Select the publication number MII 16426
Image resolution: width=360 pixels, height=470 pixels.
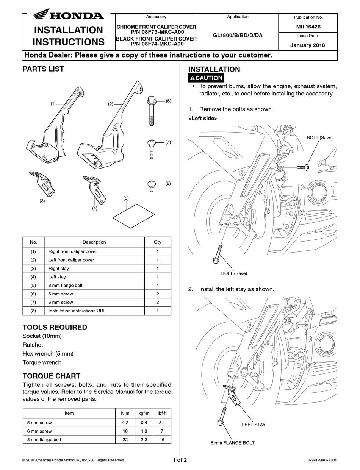(x=308, y=27)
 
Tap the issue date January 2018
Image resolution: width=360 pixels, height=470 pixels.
(x=308, y=45)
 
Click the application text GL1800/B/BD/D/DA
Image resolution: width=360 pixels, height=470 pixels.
(x=238, y=36)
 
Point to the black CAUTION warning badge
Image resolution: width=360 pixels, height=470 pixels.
(x=206, y=78)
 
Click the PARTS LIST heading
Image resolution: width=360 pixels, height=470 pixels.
(x=43, y=69)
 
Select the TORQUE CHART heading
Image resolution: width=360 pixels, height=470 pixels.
(x=52, y=376)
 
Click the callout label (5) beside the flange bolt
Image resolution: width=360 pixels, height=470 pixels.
(x=168, y=101)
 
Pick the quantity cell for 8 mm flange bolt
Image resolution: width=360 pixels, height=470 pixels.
(x=157, y=285)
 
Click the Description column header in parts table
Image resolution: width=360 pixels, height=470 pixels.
(x=94, y=242)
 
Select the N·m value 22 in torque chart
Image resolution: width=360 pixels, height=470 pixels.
(x=125, y=440)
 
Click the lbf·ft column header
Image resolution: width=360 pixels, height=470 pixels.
(x=162, y=413)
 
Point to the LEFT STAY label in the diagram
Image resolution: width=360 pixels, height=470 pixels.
(x=254, y=425)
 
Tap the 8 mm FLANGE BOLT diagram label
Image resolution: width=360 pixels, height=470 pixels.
(x=233, y=442)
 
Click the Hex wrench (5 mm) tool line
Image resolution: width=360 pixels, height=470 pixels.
(x=48, y=354)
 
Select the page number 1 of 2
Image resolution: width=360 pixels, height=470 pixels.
(x=180, y=460)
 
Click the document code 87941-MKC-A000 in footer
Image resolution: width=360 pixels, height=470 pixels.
(x=322, y=461)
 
